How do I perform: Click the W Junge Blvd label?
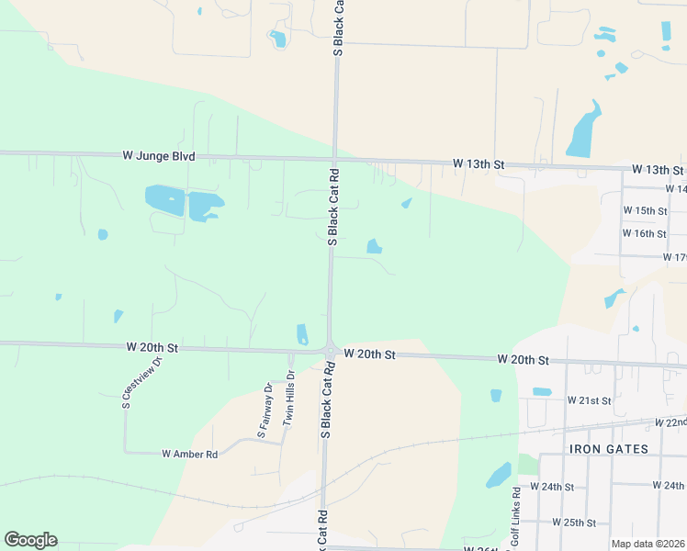point(159,157)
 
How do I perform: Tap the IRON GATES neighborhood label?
point(609,449)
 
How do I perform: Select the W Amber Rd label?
point(189,454)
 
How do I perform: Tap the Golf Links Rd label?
point(516,520)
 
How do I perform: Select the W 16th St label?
point(644,234)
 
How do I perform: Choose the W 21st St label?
point(589,400)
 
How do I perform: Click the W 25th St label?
point(574,523)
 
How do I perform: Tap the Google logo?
point(30,540)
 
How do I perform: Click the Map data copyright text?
point(647,544)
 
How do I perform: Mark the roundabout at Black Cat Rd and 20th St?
point(330,350)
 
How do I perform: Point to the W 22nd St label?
point(670,422)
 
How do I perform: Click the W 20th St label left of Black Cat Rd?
point(152,348)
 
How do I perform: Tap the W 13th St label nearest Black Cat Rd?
point(479,164)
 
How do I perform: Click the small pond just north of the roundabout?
point(303,334)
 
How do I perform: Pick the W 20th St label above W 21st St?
point(523,360)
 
